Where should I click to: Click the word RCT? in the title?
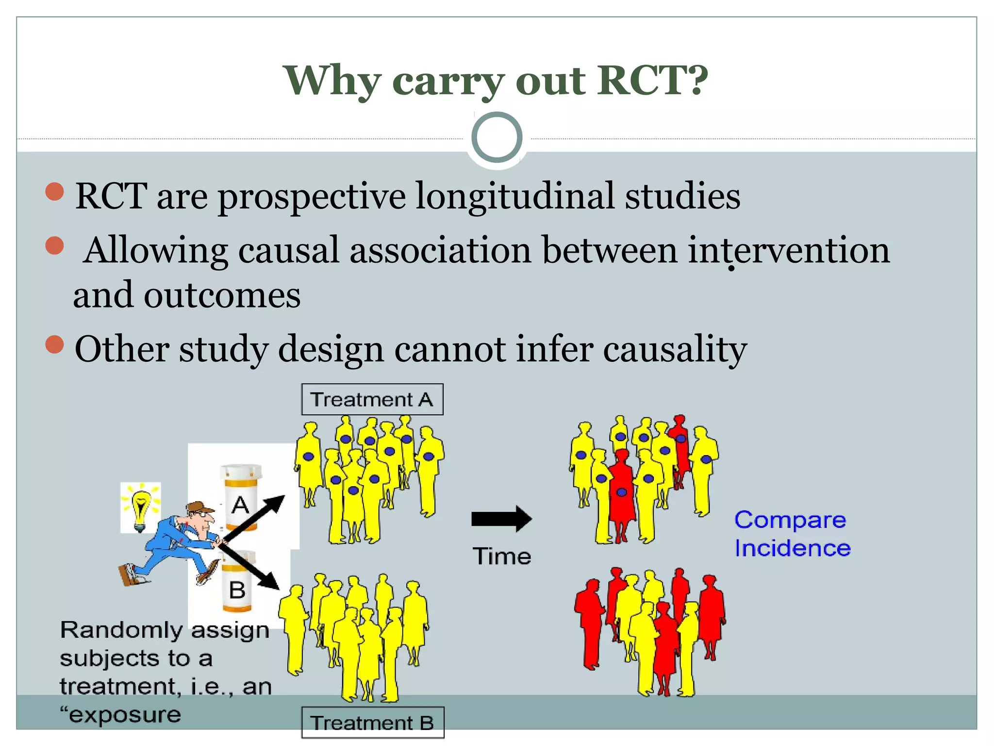(652, 80)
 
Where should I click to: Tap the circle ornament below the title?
(497, 137)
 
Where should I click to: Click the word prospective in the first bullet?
(312, 197)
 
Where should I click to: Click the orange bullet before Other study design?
(54, 344)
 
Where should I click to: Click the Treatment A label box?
(372, 399)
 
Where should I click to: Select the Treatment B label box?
(372, 723)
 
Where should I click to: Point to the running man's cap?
(200, 508)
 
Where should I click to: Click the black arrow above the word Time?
(501, 519)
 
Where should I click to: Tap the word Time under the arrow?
(501, 556)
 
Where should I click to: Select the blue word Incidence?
(792, 548)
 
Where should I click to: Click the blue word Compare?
(790, 520)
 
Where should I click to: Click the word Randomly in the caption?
(120, 630)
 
